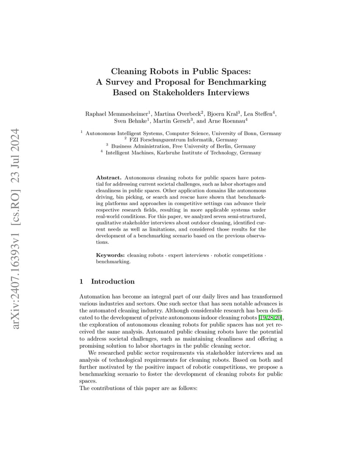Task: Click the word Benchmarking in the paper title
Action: click(238, 82)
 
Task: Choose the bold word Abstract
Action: click(109, 178)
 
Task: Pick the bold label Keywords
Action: click(110, 255)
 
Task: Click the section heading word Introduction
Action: click(113, 281)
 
